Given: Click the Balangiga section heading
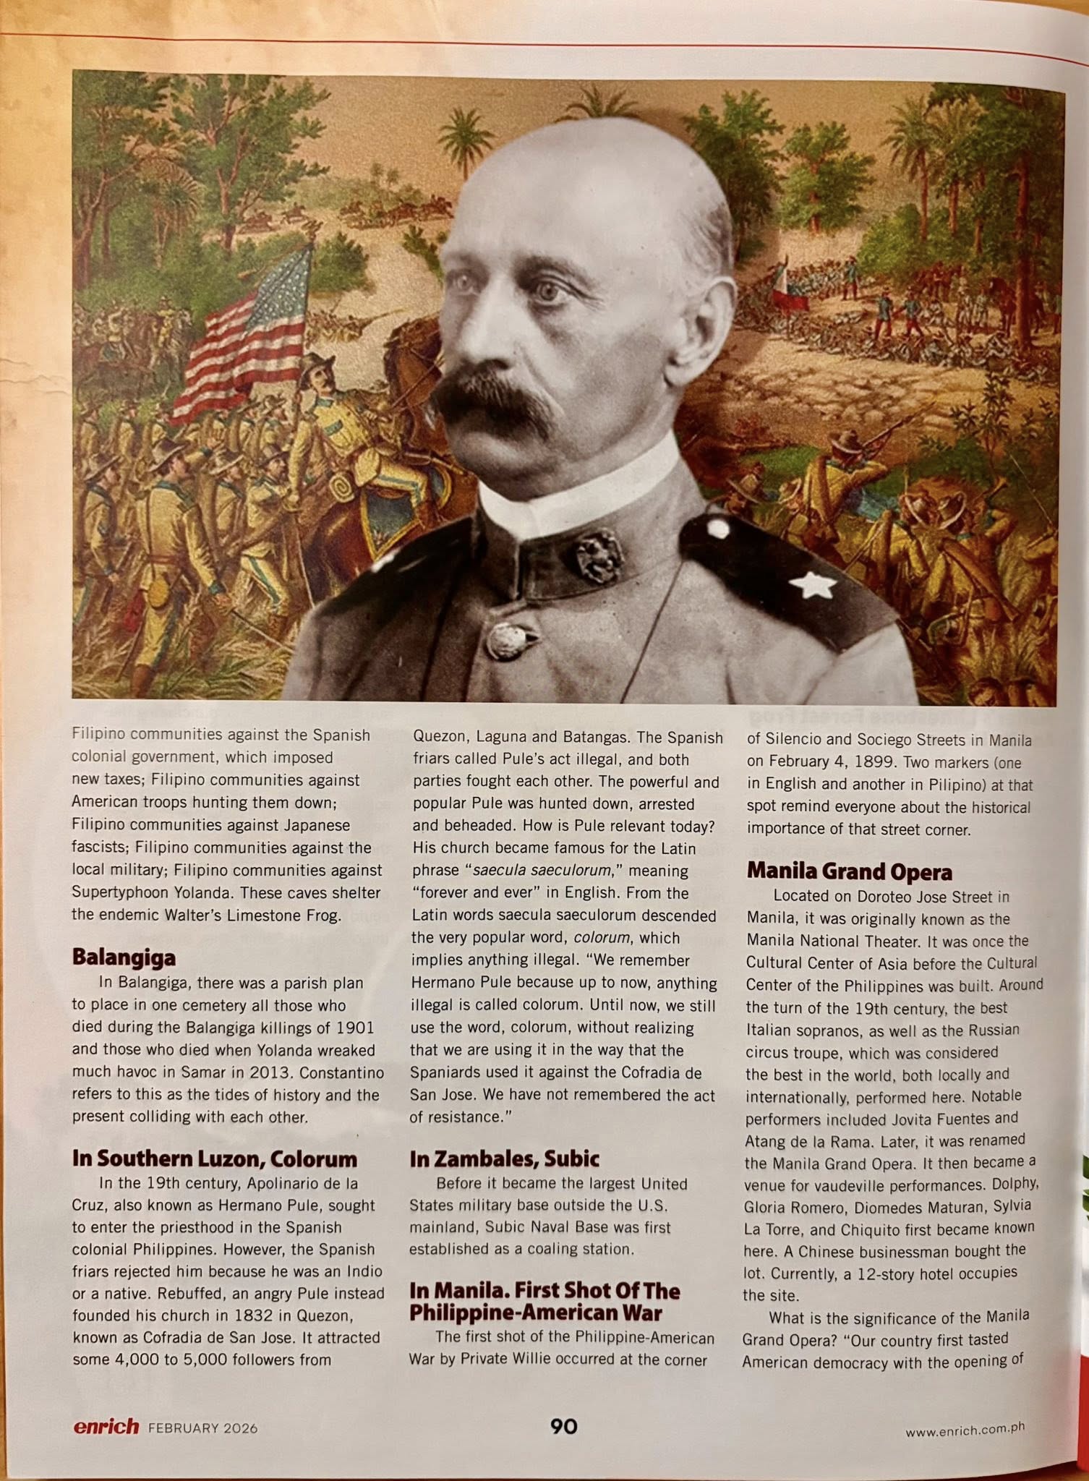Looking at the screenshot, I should pos(124,957).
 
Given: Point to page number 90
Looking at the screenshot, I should pos(563,1425).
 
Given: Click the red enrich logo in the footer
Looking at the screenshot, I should pos(106,1426).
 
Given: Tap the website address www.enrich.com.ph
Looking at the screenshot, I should pos(965,1430).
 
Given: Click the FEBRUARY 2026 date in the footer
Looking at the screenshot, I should pos(203,1428).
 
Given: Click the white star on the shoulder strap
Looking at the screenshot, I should pos(814,584).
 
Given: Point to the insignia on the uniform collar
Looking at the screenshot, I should pos(598,555).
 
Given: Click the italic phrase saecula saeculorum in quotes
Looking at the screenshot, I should pos(542,871).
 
